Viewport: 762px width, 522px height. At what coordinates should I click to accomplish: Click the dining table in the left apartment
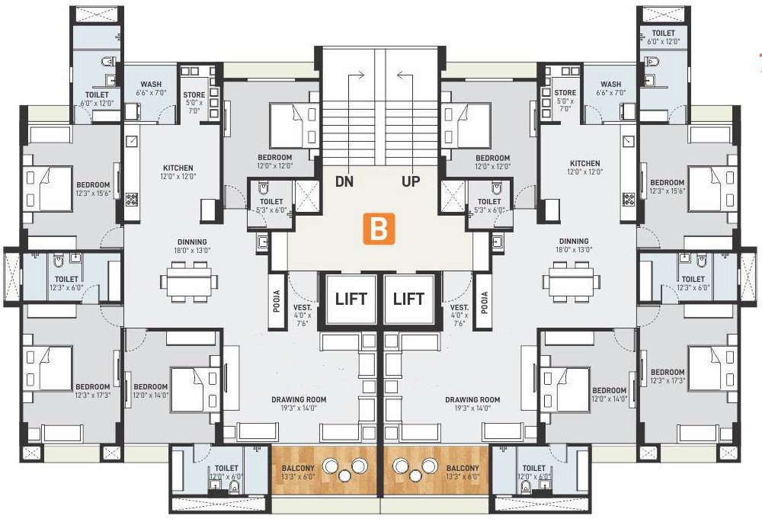click(185, 281)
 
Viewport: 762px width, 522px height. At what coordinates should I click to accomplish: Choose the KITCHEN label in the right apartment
click(584, 163)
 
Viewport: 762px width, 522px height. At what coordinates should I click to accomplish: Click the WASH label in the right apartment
click(610, 85)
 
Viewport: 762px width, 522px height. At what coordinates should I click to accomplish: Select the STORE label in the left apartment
click(194, 95)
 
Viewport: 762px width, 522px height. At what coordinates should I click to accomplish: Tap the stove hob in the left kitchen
click(131, 200)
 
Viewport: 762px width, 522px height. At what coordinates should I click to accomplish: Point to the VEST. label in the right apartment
click(459, 307)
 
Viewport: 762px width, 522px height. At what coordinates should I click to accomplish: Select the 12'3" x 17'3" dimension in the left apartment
click(93, 396)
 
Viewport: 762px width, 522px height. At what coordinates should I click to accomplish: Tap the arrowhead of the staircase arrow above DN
click(366, 75)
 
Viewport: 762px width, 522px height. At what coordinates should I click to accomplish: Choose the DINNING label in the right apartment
click(574, 241)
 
